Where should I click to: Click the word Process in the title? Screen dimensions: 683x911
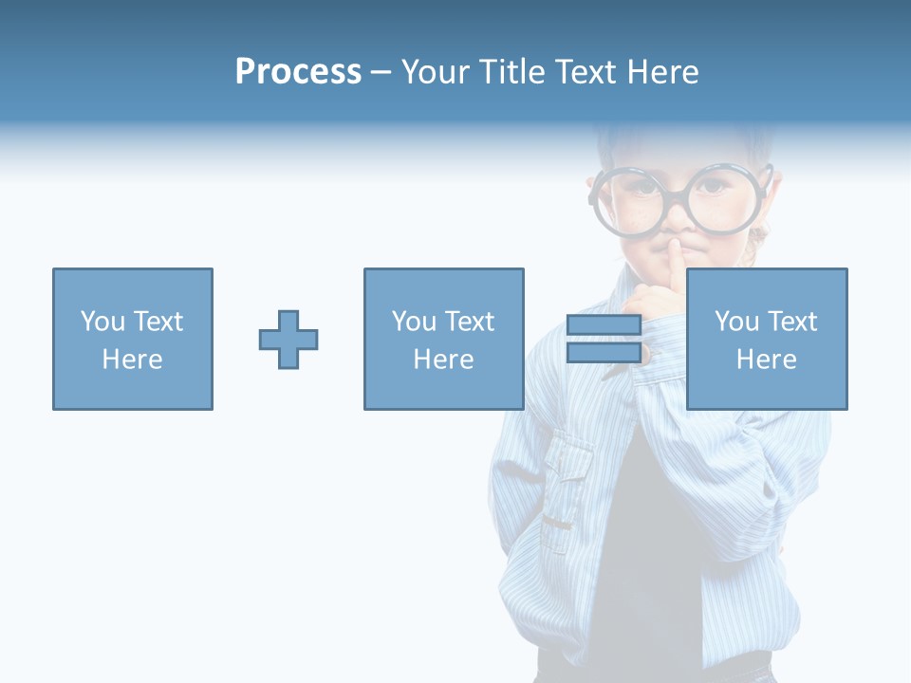[x=298, y=72]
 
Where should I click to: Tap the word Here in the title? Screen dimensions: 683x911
[x=662, y=72]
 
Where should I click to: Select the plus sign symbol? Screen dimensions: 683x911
[x=288, y=339]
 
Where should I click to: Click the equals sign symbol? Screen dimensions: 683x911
[x=604, y=339]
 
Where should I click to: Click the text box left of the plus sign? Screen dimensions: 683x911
[x=133, y=339]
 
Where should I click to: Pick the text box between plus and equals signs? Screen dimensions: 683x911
[x=443, y=339]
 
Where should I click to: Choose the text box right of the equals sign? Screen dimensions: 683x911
[x=766, y=339]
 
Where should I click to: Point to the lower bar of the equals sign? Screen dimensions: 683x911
[x=604, y=352]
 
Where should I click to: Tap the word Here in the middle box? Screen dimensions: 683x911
[x=443, y=360]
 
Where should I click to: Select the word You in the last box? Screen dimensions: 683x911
[x=736, y=322]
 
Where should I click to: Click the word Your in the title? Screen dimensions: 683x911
[x=438, y=72]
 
